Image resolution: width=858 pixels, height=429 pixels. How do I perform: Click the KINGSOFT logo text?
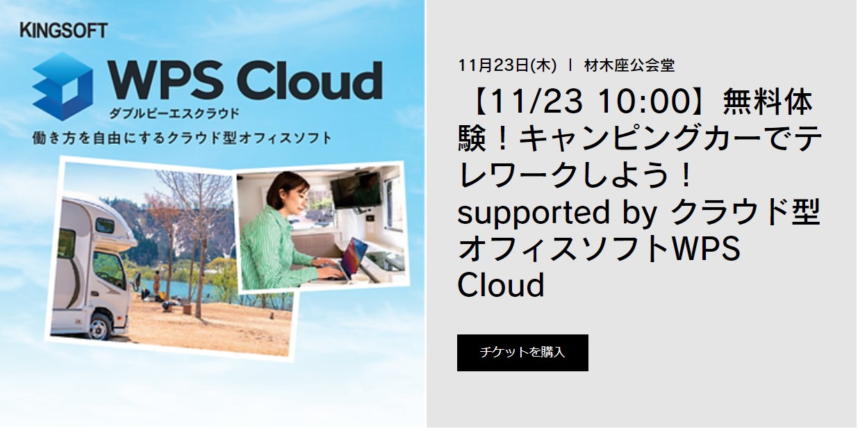tap(64, 31)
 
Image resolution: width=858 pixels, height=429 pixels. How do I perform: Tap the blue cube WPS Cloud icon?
tap(63, 87)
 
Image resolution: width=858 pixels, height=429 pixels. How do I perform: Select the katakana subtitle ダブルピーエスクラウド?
tap(174, 113)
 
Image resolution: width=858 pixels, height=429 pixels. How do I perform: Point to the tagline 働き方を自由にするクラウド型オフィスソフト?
tap(182, 138)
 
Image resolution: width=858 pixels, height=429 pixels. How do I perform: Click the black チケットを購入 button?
tap(522, 353)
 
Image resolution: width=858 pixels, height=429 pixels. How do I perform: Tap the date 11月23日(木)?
tap(507, 65)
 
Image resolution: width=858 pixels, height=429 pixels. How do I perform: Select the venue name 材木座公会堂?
tap(629, 65)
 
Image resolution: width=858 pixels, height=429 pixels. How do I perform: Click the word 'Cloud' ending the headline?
tap(501, 284)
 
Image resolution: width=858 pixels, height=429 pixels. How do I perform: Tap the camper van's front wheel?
tap(99, 327)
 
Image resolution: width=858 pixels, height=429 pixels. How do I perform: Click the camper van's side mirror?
tap(136, 280)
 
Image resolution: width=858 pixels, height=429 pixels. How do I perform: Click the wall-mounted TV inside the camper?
tap(356, 191)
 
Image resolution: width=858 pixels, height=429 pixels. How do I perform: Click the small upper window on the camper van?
tap(105, 225)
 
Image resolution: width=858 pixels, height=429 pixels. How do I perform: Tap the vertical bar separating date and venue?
tap(570, 65)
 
